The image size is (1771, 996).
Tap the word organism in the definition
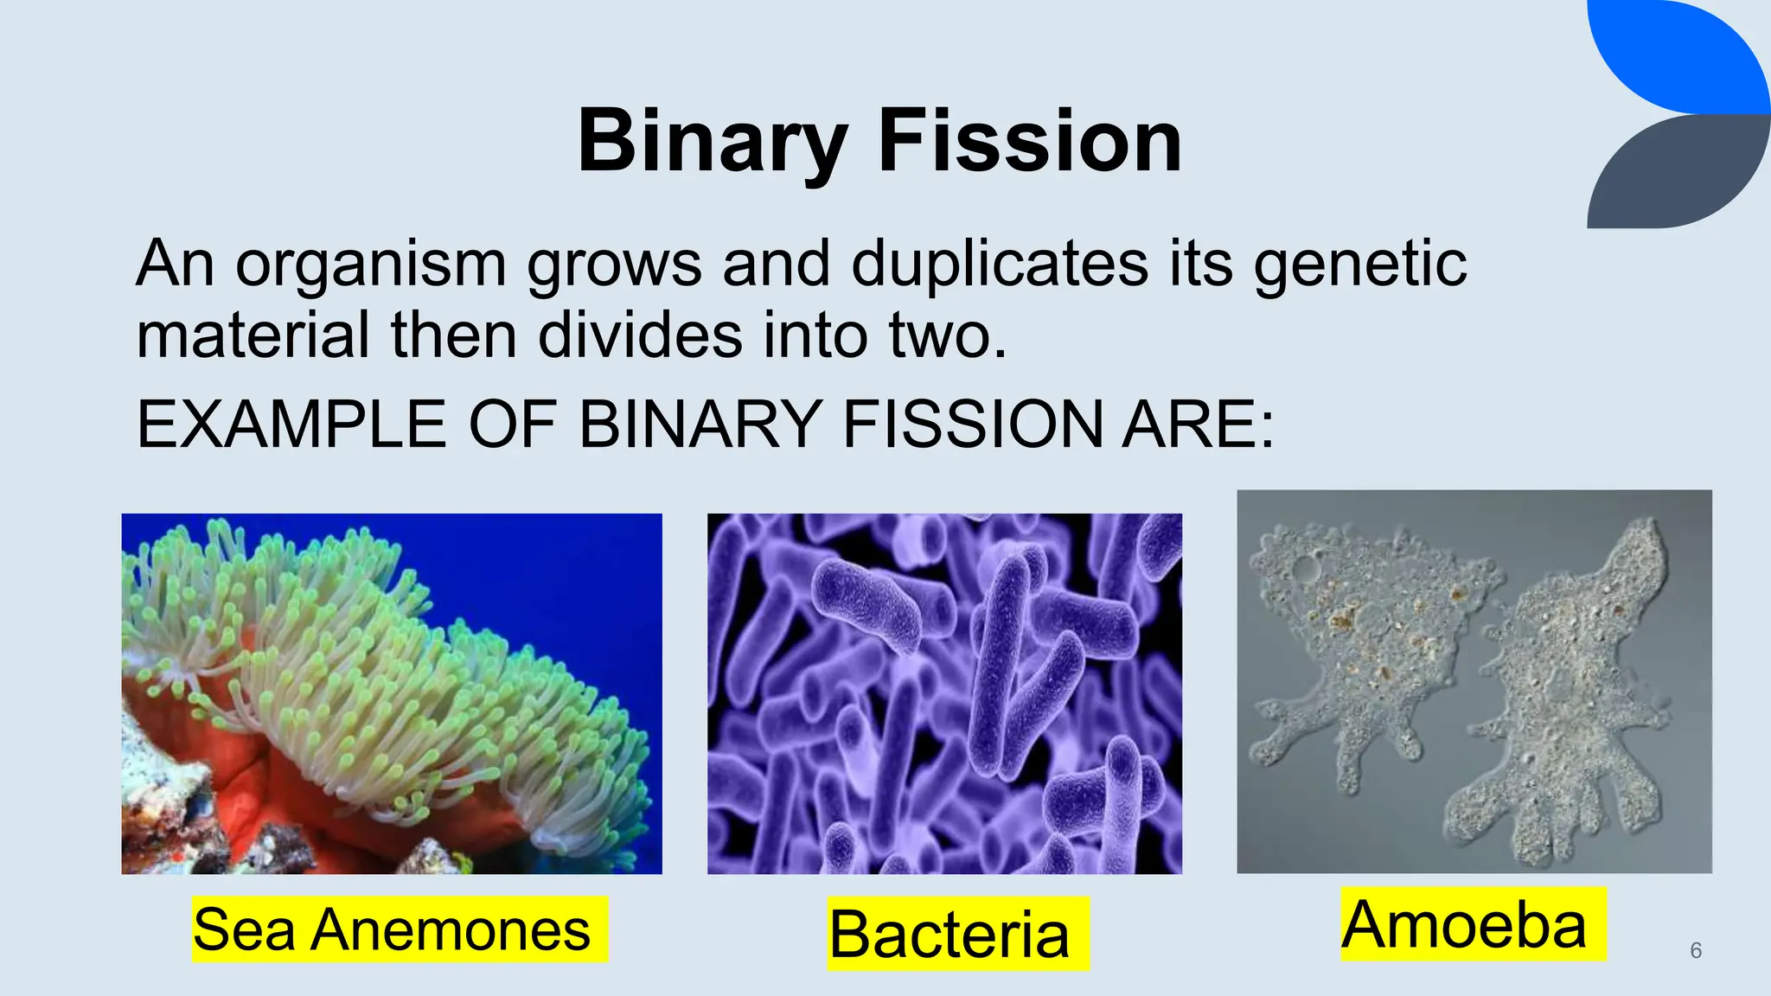point(370,265)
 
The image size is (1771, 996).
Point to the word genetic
point(1359,265)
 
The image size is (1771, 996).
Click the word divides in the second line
point(640,335)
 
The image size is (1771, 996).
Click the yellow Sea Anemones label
point(392,930)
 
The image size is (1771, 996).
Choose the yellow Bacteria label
point(949,935)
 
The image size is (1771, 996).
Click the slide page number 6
point(1696,950)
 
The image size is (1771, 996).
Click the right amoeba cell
point(1565,692)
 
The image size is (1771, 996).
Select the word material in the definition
point(253,335)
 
